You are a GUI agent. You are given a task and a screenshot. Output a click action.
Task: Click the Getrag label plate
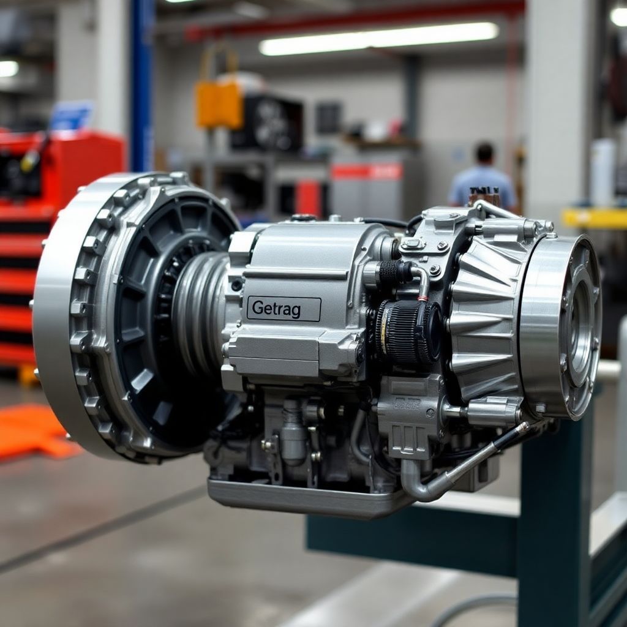(x=283, y=309)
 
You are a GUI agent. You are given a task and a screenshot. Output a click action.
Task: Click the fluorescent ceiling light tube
(x=378, y=38)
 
